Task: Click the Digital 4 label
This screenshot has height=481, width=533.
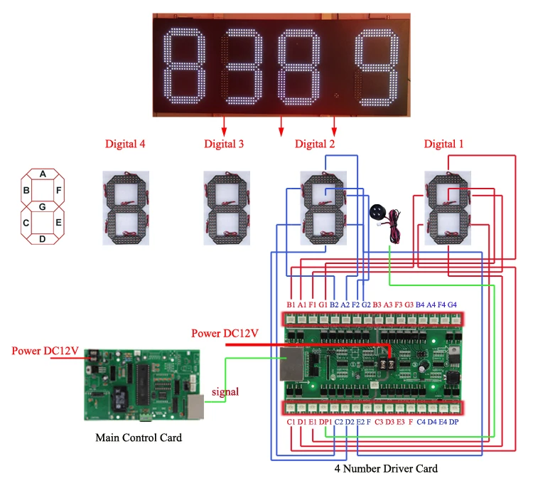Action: [124, 144]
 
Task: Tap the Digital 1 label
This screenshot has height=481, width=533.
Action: [443, 144]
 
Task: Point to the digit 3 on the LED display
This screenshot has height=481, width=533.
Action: [244, 65]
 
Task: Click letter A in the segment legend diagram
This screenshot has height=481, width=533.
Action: [43, 174]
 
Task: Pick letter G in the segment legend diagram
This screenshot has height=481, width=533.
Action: [43, 206]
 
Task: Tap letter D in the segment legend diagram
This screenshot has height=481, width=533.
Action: [43, 238]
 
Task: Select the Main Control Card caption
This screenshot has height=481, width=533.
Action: [139, 438]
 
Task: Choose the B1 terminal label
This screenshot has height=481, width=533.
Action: [291, 305]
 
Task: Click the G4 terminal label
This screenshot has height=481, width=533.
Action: [451, 305]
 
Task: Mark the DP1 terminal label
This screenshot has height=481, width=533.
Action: [325, 423]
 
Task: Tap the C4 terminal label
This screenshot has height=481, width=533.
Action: [421, 423]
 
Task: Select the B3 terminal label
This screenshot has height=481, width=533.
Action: [377, 305]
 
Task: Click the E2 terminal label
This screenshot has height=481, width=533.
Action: [360, 423]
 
